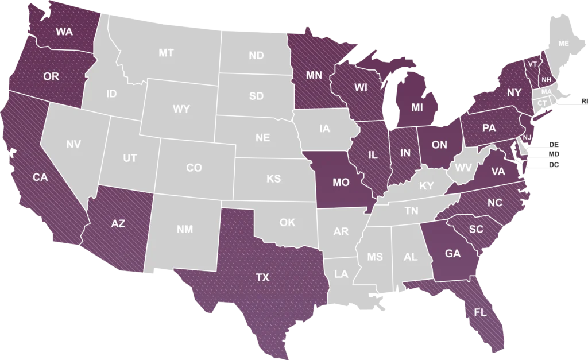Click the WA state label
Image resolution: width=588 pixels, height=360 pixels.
64,32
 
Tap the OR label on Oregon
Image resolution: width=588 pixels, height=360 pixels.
51,76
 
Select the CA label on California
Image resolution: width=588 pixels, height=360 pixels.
40,177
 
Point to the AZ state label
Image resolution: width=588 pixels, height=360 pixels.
118,224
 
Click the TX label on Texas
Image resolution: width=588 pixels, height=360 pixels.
262,277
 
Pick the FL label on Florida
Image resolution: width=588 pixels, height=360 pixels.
480,312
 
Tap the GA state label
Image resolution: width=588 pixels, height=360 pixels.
453,253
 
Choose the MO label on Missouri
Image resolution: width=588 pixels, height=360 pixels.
341,183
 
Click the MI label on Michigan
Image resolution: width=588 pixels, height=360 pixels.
417,106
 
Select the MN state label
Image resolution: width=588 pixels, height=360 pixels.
314,75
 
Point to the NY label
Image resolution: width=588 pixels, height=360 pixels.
514,92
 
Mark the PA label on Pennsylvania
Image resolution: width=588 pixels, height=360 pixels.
489,128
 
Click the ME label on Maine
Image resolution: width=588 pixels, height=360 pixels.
563,44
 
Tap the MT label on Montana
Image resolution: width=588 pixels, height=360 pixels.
166,53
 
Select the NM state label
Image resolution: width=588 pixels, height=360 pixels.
184,229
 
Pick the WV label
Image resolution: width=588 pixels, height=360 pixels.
463,168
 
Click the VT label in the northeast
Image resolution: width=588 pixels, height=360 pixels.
533,64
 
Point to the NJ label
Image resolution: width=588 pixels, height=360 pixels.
527,137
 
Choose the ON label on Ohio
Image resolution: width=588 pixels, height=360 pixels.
439,145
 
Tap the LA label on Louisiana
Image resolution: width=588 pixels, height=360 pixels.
341,274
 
